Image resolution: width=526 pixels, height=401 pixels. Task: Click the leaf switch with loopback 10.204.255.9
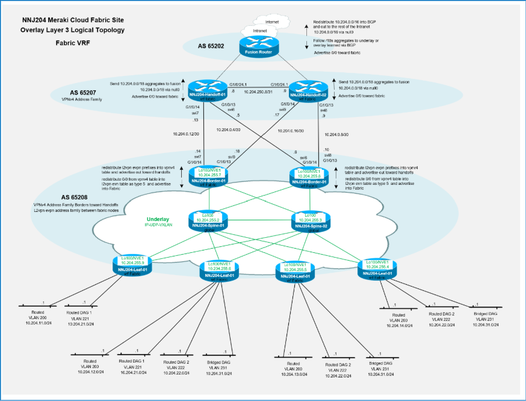[131, 264]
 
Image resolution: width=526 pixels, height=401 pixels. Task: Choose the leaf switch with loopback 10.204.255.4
[376, 267]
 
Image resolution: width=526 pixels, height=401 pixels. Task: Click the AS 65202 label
[211, 46]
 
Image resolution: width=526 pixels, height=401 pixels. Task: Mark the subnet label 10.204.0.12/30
[187, 134]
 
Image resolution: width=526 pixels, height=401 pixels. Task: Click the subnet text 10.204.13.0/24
[293, 374]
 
